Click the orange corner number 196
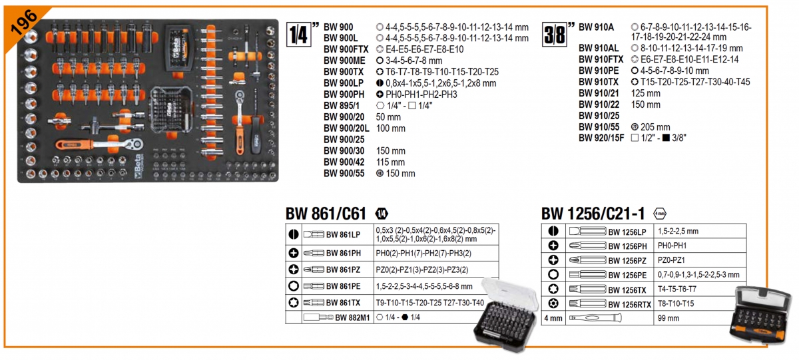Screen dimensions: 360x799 point(21,22)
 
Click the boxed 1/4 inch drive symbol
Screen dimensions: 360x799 point(300,33)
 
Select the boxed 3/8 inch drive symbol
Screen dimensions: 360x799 point(555,33)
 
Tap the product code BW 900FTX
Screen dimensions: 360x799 point(346,49)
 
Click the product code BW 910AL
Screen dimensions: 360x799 point(599,49)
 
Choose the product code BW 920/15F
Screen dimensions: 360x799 point(601,138)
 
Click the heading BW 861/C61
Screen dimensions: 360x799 point(326,214)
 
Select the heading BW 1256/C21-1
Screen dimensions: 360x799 point(593,214)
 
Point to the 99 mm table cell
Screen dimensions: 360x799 point(668,319)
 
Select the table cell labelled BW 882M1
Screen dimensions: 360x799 point(344,318)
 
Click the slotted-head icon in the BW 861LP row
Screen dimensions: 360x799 point(293,234)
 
